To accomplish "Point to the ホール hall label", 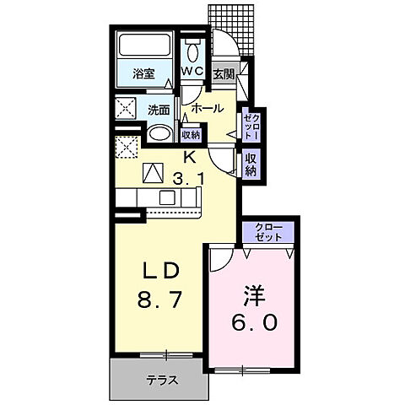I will coord(207,108).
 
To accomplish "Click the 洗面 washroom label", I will coord(159,110).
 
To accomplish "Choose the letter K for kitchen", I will coord(191,156).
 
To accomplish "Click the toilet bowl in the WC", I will coord(192,49).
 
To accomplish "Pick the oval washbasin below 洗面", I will coord(159,134).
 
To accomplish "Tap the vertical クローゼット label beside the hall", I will coord(251,126).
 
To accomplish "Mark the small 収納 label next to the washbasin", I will coord(191,134).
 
